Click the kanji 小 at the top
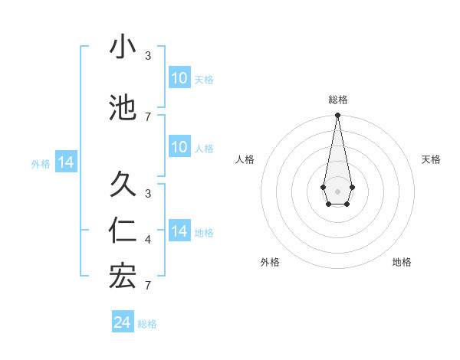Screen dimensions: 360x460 click(123, 47)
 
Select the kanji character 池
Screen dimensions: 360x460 click(123, 108)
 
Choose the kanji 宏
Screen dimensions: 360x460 click(123, 277)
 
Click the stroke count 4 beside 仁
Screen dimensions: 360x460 click(148, 240)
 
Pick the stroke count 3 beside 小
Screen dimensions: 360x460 click(148, 56)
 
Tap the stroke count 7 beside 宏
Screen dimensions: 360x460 click(148, 285)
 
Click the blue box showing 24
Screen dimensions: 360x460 click(122, 322)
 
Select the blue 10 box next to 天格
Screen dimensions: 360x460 click(179, 78)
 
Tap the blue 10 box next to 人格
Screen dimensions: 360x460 click(179, 147)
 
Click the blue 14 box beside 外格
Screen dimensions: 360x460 click(65, 162)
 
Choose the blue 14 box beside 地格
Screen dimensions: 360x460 click(179, 231)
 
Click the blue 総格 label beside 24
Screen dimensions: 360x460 click(147, 324)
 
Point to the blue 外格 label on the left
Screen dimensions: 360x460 click(40, 163)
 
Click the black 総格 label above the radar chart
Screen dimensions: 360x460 click(337, 100)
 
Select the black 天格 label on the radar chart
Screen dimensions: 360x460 click(432, 159)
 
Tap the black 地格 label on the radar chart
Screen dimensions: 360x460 click(402, 262)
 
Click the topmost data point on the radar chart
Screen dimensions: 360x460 click(337, 116)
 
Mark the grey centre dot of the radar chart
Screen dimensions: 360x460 click(337, 190)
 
